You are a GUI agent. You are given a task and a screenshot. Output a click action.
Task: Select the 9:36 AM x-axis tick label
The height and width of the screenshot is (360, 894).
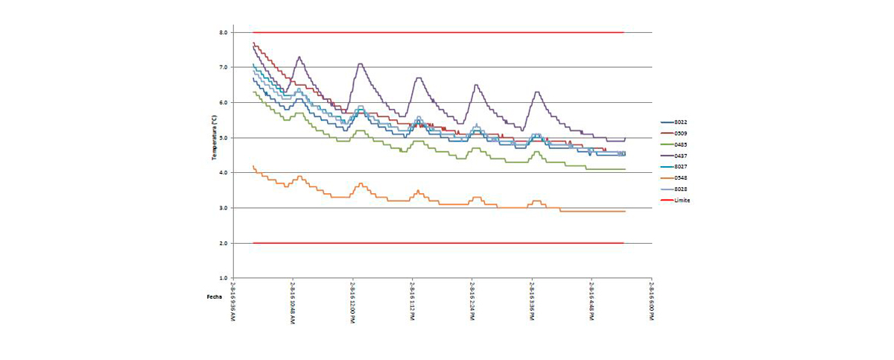(x=233, y=302)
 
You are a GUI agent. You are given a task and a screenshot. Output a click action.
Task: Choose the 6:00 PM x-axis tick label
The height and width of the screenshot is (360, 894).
(x=652, y=302)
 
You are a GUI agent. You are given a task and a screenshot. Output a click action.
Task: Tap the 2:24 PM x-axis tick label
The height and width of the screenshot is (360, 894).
(x=472, y=302)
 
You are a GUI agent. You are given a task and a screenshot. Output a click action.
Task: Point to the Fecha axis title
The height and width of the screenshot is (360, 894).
(x=215, y=297)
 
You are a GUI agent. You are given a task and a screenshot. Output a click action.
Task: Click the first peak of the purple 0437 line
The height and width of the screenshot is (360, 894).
(x=299, y=57)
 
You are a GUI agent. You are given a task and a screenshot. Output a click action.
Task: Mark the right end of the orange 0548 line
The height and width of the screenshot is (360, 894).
(x=624, y=211)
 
